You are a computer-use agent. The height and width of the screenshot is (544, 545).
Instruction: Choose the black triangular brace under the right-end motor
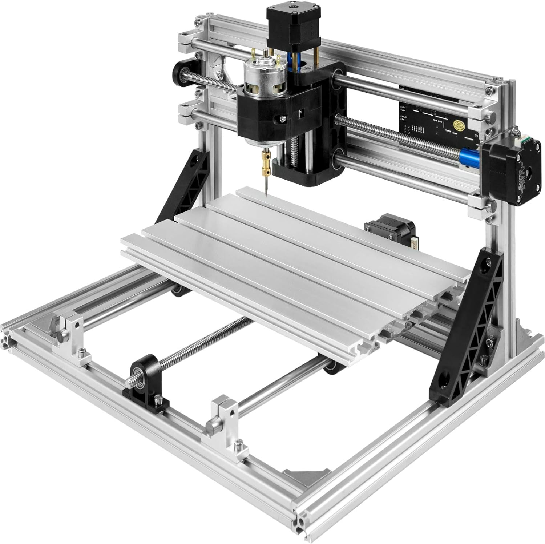tap(469, 327)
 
